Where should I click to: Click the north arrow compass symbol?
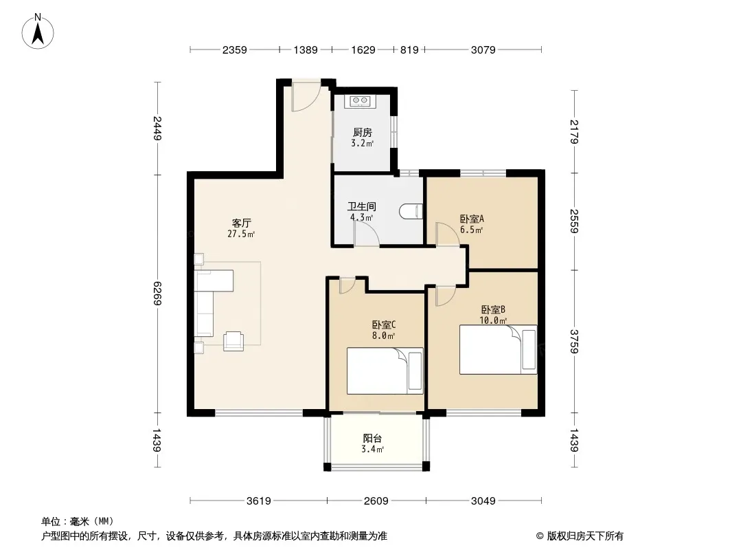(37, 32)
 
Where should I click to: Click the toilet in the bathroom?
(411, 212)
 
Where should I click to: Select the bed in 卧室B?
(498, 349)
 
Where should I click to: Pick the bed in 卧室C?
(385, 371)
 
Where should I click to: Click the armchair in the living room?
(233, 340)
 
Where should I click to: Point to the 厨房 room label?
(363, 133)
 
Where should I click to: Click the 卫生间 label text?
(362, 206)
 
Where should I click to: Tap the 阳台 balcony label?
(372, 439)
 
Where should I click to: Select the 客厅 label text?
(241, 223)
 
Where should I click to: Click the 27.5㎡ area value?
(241, 234)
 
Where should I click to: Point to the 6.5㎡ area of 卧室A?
(471, 230)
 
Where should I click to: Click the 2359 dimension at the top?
(234, 49)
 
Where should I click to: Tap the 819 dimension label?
(409, 49)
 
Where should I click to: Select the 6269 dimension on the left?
(157, 294)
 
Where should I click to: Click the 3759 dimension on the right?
(574, 341)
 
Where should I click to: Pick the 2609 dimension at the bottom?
(376, 501)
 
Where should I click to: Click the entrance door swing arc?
(306, 97)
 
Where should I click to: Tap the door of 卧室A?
(447, 234)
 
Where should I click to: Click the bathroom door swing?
(367, 234)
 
